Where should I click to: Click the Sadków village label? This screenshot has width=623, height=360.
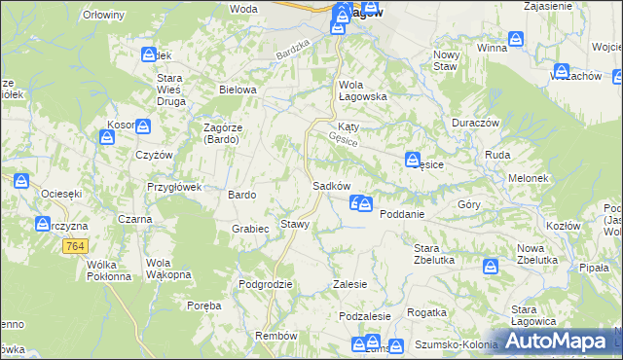[x=331, y=186]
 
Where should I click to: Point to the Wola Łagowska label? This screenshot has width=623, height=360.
[x=363, y=90]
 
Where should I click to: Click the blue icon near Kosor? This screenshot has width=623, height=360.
[x=143, y=126]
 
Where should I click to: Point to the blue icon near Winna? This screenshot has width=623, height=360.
[x=516, y=40]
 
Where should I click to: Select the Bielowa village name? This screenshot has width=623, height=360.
[x=238, y=90]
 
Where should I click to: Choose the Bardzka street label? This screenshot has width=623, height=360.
[x=292, y=49]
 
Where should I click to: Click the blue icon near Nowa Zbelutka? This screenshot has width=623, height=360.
[x=492, y=265]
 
